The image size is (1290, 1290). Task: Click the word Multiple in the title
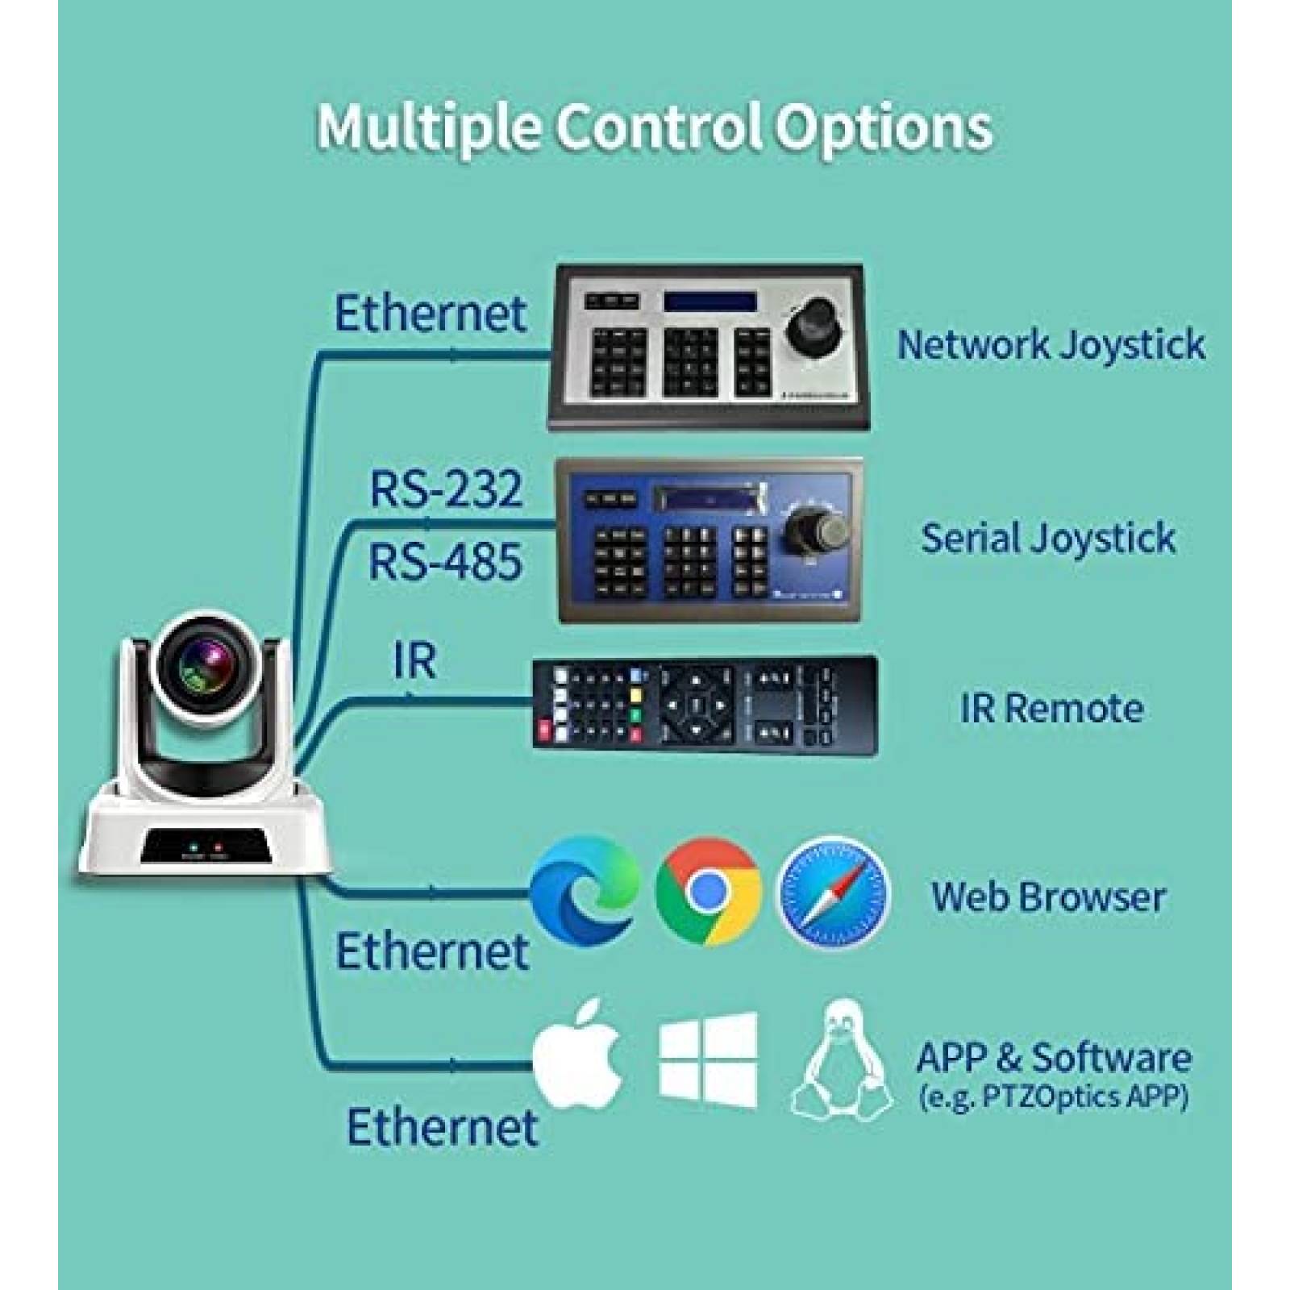pos(427,127)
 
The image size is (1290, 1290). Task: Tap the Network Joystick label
pos(1051,345)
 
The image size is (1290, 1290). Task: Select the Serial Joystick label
pos(1048,539)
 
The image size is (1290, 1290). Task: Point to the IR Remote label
pos(1051,709)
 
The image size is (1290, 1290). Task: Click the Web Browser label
pos(1048,897)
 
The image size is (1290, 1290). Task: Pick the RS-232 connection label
pos(446,489)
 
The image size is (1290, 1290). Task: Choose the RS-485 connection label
pos(445,562)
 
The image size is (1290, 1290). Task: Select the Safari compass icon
pos(833,893)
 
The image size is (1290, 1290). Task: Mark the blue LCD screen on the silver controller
pos(709,302)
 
